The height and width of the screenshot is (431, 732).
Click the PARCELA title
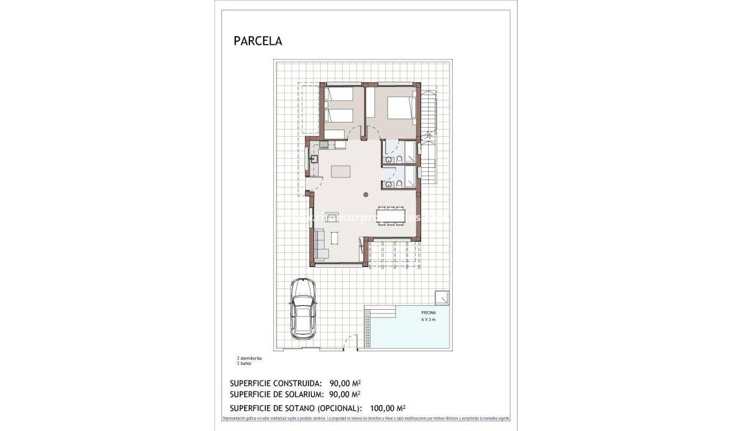pos(258,41)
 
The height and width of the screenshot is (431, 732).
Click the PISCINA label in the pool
pos(429,312)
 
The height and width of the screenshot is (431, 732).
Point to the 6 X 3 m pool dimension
pos(429,320)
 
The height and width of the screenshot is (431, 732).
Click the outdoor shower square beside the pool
pos(443,296)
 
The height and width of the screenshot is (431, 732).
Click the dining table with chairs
pos(391,215)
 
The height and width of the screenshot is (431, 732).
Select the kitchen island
pos(341,172)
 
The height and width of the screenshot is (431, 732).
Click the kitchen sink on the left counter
pos(313,157)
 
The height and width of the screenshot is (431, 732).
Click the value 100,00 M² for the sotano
pos(387,408)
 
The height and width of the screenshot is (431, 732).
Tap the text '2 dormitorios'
pos(249,358)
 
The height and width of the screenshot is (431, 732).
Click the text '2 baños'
pos(244,364)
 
